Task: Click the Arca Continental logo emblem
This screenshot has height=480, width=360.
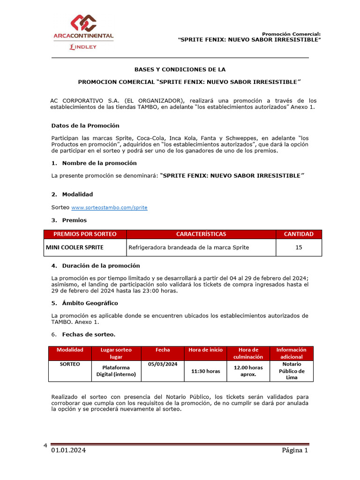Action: [x=83, y=23]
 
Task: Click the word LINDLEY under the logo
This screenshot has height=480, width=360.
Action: [x=83, y=47]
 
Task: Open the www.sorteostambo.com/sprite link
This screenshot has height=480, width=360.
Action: [x=109, y=207]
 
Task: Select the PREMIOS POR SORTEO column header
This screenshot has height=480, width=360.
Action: [x=85, y=234]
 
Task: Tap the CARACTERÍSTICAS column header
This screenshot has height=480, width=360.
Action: [x=201, y=234]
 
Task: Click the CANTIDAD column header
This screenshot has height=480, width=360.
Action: [x=299, y=234]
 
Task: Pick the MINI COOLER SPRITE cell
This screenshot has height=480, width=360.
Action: [x=75, y=247]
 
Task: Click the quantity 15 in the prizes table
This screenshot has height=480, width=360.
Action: [x=299, y=247]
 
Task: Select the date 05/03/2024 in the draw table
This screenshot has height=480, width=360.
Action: [x=163, y=364]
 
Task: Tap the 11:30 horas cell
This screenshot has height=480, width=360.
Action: [x=205, y=371]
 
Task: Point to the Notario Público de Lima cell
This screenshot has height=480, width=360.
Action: [x=292, y=371]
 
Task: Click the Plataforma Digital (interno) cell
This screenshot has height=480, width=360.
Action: [x=116, y=371]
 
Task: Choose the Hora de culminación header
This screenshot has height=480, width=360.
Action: [x=248, y=353]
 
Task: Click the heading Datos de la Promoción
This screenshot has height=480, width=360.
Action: [x=85, y=126]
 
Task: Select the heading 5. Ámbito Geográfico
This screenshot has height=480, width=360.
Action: [x=84, y=303]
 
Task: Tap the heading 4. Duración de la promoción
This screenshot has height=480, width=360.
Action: [x=95, y=266]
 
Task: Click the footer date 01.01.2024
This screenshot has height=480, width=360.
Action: [x=68, y=450]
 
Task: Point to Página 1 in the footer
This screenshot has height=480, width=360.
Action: [x=294, y=450]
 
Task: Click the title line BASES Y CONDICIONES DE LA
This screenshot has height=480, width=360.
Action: [x=180, y=69]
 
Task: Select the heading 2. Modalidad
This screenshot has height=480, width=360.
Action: [x=72, y=194]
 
